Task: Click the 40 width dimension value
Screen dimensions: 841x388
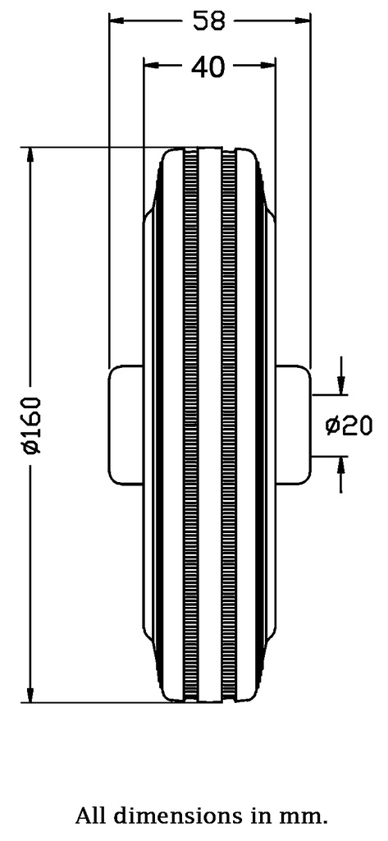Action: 208,67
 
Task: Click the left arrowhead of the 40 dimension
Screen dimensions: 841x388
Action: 149,63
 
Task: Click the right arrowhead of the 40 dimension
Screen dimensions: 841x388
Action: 269,63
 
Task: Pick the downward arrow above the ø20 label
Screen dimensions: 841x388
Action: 341,383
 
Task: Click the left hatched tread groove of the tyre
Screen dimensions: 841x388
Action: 191,425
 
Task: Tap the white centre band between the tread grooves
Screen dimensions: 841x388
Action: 210,425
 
